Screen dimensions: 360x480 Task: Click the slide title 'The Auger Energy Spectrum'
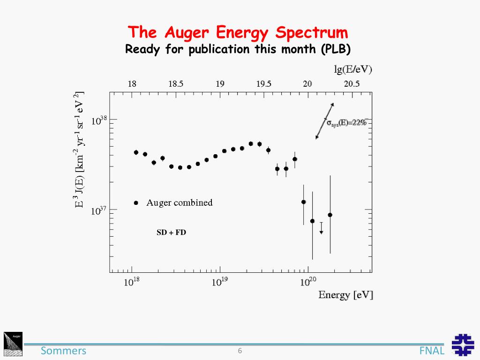239,33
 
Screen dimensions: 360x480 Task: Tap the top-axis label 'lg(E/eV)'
352,70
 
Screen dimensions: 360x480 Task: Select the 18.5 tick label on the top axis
176,84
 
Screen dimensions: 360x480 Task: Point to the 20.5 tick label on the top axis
352,84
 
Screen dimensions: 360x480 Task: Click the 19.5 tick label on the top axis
263,84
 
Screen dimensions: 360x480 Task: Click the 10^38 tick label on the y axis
99,120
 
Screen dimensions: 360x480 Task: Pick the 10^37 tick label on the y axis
99,211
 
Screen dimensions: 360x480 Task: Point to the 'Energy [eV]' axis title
345,295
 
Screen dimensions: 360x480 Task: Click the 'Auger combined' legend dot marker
136,203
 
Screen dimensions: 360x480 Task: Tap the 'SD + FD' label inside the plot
171,232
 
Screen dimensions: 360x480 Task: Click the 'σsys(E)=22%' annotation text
346,123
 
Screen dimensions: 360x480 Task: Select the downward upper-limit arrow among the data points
321,228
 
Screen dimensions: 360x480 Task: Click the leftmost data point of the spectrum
136,152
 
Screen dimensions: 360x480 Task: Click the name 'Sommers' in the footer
63,351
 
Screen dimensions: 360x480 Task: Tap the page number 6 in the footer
240,351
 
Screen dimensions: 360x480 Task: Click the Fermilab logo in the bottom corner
463,345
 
